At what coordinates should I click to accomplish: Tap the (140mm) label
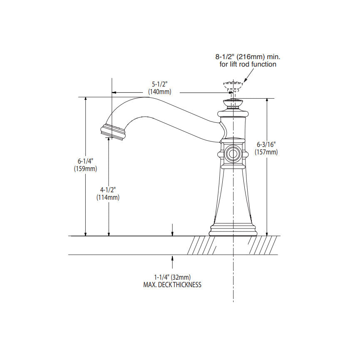click(159, 92)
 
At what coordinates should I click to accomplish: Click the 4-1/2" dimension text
click(108, 190)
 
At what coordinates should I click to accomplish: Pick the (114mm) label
click(108, 198)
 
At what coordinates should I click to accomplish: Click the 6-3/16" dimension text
click(266, 144)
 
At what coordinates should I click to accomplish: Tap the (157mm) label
click(266, 152)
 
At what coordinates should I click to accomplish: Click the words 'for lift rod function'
click(248, 64)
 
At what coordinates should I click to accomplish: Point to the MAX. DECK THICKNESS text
click(172, 285)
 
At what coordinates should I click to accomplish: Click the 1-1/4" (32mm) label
click(172, 277)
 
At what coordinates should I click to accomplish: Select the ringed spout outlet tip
click(113, 132)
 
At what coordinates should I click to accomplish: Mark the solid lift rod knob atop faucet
click(233, 102)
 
